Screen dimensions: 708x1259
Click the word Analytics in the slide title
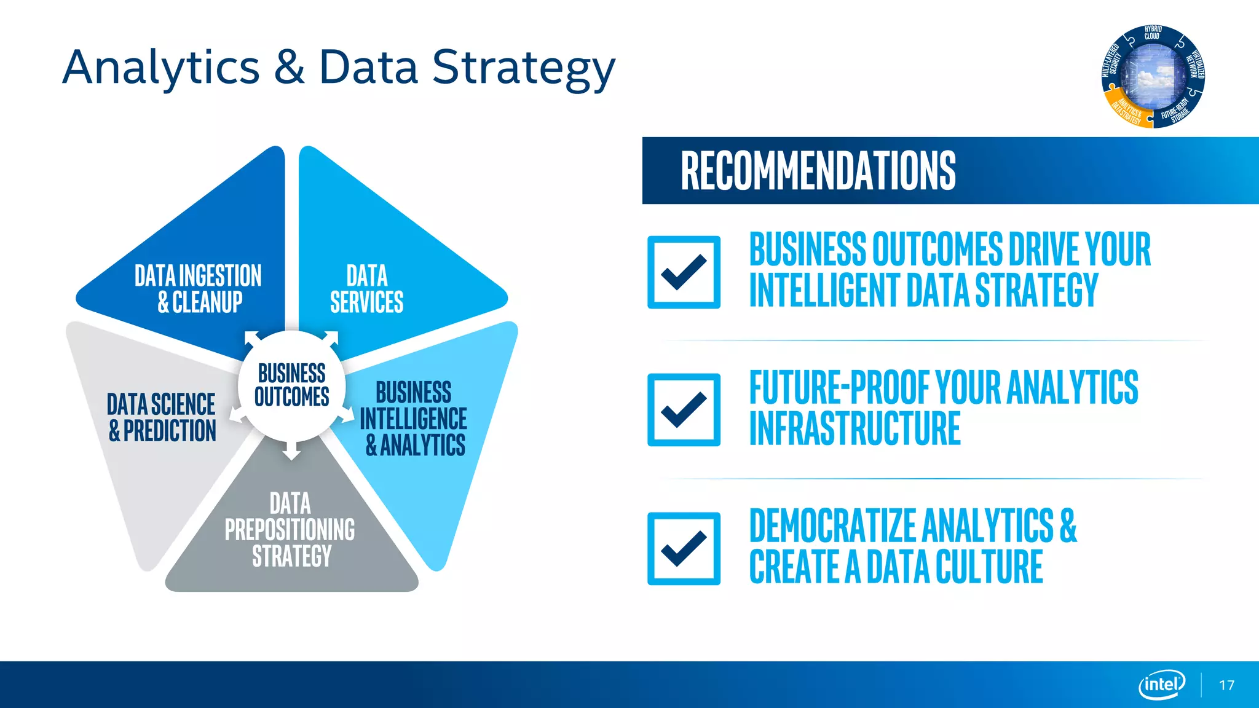161,68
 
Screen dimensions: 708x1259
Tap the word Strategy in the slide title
523,68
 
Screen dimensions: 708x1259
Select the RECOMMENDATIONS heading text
818,171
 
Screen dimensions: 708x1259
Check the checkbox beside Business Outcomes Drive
684,272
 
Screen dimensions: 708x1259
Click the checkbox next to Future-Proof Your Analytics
684,410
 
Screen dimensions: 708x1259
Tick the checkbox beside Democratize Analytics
684,548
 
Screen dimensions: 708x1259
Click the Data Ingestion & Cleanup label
199,289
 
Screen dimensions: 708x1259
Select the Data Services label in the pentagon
367,289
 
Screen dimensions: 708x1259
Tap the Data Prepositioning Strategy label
290,530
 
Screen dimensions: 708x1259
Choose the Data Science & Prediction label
162,418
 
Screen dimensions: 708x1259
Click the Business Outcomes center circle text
291,385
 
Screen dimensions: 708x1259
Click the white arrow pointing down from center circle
291,451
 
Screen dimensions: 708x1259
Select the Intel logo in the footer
1161,684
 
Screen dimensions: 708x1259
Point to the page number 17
1226,685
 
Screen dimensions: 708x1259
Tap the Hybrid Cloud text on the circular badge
1153,33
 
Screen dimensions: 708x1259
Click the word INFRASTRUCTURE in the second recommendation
854,429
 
